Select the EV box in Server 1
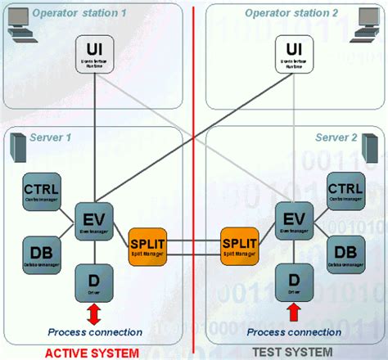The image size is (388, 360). pos(93,222)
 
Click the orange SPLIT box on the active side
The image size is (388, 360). pos(148,245)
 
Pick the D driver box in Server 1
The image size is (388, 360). pos(93,281)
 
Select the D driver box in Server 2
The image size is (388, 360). pos(292,280)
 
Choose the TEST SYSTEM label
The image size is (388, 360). pos(291,353)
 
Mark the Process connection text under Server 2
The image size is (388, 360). pos(294,332)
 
